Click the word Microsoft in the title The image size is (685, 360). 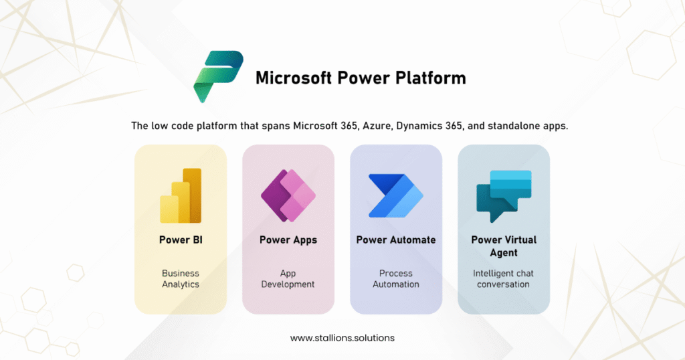click(294, 78)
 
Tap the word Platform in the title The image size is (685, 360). click(431, 78)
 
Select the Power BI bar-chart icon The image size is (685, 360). click(181, 195)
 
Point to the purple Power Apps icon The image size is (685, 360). click(288, 195)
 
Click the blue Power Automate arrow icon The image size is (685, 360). click(396, 195)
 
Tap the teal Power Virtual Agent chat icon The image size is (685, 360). click(504, 196)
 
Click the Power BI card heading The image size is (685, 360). click(181, 240)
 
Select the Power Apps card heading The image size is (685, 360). click(288, 240)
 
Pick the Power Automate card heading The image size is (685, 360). click(396, 240)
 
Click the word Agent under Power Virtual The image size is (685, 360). click(504, 253)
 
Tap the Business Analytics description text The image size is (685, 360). click(181, 279)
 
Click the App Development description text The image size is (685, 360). click(288, 279)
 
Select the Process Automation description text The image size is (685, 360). click(396, 279)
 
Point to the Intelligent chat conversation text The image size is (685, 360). click(503, 279)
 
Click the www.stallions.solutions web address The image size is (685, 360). click(342, 338)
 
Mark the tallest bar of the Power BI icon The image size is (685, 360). click(192, 195)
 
